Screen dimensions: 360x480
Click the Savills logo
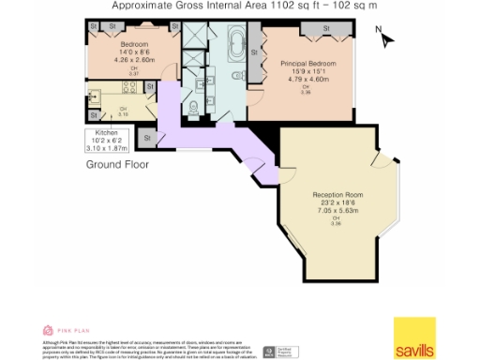pos(413,337)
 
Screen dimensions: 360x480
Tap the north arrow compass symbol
pos(388,38)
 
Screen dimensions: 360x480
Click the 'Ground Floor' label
pos(117,163)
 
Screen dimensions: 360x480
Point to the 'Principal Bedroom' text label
pos(308,63)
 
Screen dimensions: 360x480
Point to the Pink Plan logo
pos(64,330)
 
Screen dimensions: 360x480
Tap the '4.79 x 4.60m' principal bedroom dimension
pos(308,80)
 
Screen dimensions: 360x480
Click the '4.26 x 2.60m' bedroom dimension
pos(134,60)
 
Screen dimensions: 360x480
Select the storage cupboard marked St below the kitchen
pos(147,138)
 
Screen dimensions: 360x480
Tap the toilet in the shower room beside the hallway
pos(192,106)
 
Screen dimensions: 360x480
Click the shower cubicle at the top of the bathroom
pos(195,38)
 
